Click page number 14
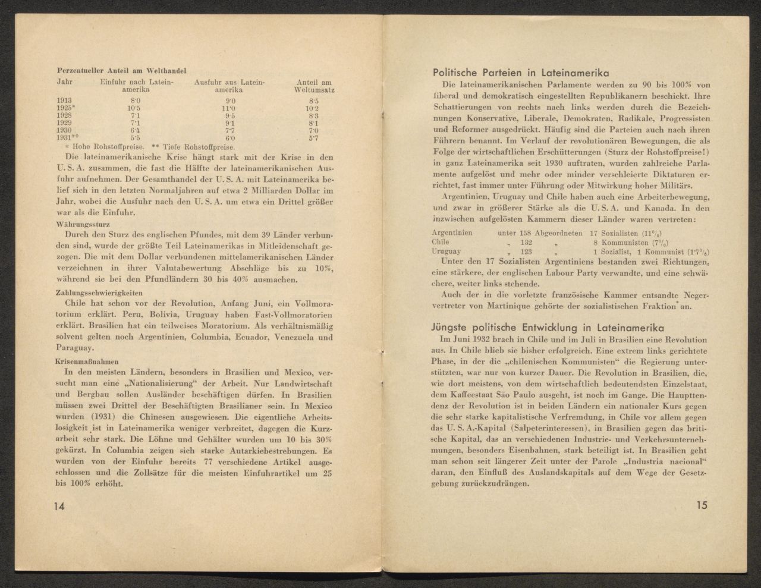(58, 506)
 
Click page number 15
(702, 505)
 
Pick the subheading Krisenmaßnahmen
(86, 360)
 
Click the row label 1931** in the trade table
(67, 137)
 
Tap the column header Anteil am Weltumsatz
(313, 86)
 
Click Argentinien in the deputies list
(452, 232)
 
